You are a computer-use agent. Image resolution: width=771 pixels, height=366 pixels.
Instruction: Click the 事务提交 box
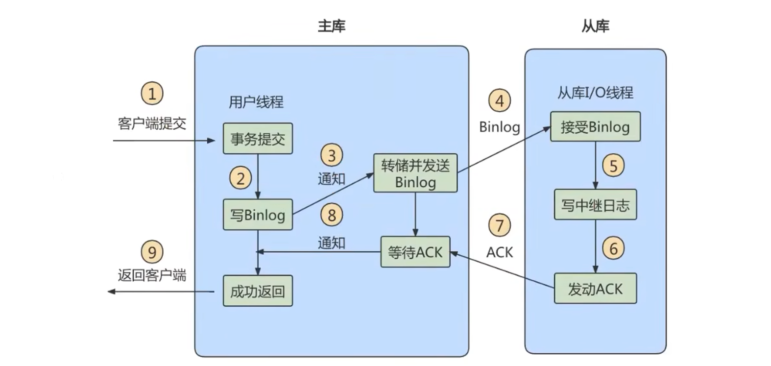click(258, 139)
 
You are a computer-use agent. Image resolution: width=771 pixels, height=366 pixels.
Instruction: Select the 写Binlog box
click(258, 215)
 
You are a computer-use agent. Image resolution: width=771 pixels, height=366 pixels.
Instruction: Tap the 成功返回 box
click(258, 291)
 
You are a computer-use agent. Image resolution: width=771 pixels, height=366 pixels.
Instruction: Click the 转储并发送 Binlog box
click(415, 173)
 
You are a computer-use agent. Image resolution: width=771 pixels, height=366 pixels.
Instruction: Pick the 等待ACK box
click(415, 252)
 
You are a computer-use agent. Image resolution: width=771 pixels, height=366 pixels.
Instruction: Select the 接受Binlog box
click(595, 127)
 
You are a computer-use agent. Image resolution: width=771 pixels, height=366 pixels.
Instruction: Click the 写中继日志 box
click(595, 205)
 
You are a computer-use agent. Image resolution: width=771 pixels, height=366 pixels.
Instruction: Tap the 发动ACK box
click(595, 289)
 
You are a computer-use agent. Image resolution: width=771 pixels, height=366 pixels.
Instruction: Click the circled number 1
click(152, 93)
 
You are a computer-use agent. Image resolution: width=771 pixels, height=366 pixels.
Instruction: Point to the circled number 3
click(332, 156)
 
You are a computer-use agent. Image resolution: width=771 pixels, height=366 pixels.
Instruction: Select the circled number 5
click(613, 166)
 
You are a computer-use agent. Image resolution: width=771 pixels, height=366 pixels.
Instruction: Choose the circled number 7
click(500, 225)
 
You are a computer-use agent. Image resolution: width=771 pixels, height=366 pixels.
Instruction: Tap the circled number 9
click(152, 252)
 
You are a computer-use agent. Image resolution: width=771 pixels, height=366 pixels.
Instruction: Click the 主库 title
click(332, 26)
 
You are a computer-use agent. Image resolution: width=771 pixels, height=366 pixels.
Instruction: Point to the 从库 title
click(595, 26)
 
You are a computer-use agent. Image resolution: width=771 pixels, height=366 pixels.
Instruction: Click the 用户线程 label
click(256, 102)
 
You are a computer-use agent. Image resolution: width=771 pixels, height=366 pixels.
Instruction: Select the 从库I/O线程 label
click(595, 93)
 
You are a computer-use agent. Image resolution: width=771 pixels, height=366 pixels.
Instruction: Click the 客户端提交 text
click(152, 123)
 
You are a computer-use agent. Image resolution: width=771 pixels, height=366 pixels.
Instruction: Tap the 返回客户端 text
click(152, 275)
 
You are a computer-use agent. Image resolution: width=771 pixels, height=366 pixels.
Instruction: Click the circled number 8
click(332, 215)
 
